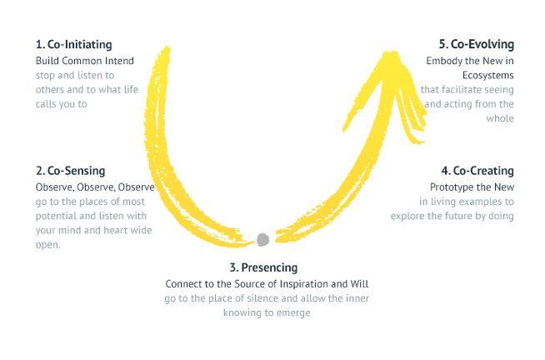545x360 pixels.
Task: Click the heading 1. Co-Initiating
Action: coord(73,45)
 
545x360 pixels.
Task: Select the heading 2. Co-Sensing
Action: coord(70,171)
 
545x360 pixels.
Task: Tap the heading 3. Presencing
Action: coord(263,267)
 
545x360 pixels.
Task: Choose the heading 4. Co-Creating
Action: coord(477,171)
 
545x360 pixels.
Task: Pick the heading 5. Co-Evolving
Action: coord(476,44)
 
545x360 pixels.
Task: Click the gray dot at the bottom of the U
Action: coord(262,240)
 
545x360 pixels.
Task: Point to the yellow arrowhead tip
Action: coord(390,52)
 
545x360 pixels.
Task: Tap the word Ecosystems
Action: coord(488,75)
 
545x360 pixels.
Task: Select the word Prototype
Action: coord(447,187)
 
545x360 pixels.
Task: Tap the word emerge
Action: coord(293,313)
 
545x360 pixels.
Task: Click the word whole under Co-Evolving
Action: coord(500,118)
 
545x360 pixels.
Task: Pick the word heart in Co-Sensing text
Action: coord(115,230)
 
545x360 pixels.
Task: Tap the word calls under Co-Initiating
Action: coord(46,104)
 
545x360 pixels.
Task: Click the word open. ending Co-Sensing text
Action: coord(48,245)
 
